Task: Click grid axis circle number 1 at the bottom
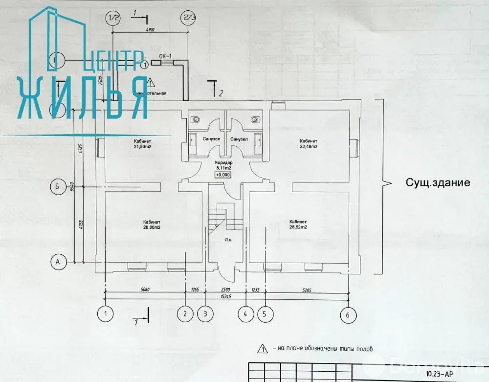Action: click(x=105, y=313)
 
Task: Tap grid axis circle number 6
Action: click(x=348, y=315)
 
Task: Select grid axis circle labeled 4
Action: click(x=245, y=314)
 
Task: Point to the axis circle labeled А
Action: click(x=58, y=262)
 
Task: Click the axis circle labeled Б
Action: click(x=58, y=186)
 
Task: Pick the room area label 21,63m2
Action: click(x=143, y=146)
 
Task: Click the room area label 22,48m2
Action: click(x=309, y=146)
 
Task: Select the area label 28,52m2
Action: click(x=298, y=227)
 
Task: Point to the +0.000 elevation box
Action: click(x=223, y=175)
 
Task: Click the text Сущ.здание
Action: click(x=438, y=183)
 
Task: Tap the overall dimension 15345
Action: click(x=226, y=296)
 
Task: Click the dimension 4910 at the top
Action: click(x=150, y=30)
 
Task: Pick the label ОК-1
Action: click(x=165, y=56)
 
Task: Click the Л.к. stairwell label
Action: click(x=228, y=240)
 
